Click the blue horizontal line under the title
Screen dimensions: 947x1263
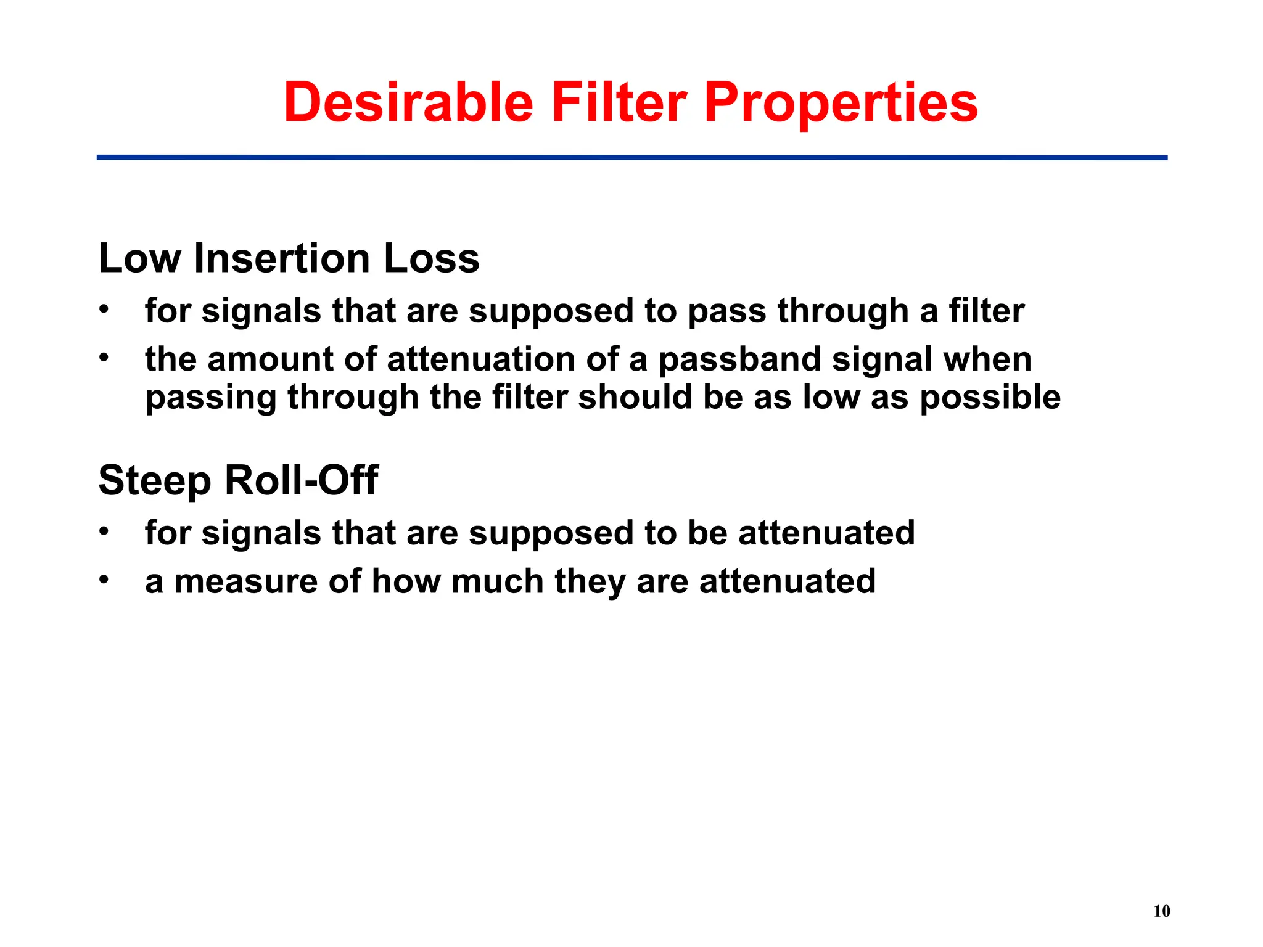pos(631,158)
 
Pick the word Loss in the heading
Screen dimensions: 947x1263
pos(431,258)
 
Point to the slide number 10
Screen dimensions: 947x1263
pos(1161,911)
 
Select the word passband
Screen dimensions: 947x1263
pos(740,360)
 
